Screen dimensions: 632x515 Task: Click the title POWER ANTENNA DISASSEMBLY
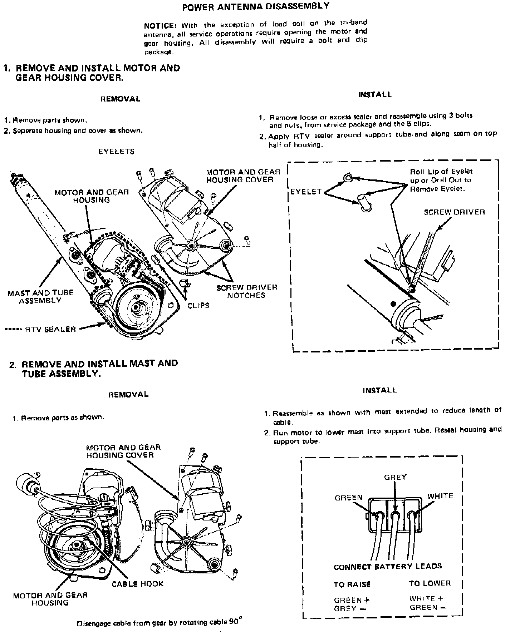pos(256,6)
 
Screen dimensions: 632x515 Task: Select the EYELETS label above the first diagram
pos(116,151)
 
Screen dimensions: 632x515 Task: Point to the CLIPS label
pos(198,306)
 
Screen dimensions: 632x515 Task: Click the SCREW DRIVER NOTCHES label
pos(246,291)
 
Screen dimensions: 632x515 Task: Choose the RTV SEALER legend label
pos(50,329)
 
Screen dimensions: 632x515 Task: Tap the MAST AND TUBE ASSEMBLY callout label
pos(40,297)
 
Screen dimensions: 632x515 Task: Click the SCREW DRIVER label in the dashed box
pos(454,212)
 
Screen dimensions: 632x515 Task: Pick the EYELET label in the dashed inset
pos(306,192)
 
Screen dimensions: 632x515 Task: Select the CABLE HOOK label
pos(137,584)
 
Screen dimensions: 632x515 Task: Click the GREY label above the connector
pos(395,477)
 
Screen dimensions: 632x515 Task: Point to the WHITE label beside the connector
pos(440,496)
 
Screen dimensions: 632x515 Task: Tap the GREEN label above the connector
pos(348,497)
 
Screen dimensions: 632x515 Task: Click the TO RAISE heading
pos(352,584)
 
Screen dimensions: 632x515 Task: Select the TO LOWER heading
pos(430,583)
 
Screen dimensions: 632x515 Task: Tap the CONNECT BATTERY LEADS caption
pos(388,567)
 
